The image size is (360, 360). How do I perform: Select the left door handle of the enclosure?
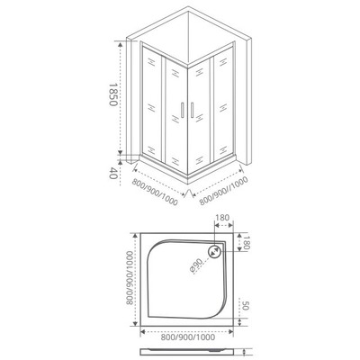181,111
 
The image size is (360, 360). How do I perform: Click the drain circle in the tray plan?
218,254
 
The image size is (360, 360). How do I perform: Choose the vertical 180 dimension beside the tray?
246,243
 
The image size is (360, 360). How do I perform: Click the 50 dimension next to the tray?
246,305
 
